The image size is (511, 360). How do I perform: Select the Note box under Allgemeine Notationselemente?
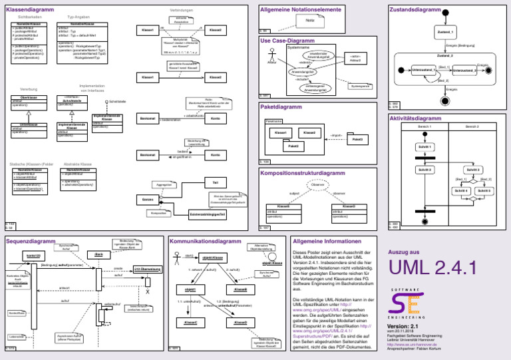[310, 21]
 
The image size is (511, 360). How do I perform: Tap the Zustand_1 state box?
[446, 31]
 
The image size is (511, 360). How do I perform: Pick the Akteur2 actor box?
[355, 59]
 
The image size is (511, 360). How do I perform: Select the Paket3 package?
[357, 139]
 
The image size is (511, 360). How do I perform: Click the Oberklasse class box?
[23, 100]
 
